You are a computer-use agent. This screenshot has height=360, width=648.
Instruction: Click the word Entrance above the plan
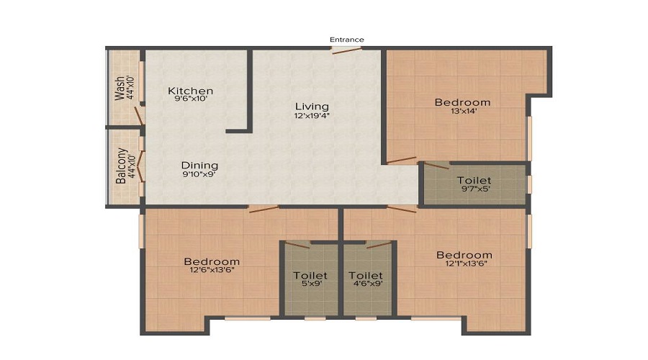tap(346, 39)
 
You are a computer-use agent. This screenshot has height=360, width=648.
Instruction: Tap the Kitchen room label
tap(190, 91)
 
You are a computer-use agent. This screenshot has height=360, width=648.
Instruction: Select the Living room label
tap(311, 107)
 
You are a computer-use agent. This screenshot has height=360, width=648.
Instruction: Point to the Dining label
tap(199, 165)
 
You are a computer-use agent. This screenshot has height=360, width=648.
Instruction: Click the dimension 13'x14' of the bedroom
tap(462, 111)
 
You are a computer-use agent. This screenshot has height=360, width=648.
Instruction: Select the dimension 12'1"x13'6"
tap(464, 264)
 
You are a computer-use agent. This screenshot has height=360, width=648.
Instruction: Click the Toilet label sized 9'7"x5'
tap(474, 180)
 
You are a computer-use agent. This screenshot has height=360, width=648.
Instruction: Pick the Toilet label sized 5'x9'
tap(310, 275)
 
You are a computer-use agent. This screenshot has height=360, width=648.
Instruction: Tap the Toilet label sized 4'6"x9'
tap(365, 275)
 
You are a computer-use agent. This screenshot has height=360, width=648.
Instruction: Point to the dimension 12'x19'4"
tap(311, 115)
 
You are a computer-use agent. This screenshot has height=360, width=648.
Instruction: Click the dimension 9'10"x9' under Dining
tap(199, 174)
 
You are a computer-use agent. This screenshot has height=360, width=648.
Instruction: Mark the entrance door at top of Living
tap(346, 50)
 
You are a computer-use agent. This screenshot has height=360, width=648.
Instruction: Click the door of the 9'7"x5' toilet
tap(436, 166)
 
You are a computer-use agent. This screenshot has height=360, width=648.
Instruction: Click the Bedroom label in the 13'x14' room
tap(462, 102)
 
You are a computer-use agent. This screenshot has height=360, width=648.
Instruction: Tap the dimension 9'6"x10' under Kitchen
tap(190, 99)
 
